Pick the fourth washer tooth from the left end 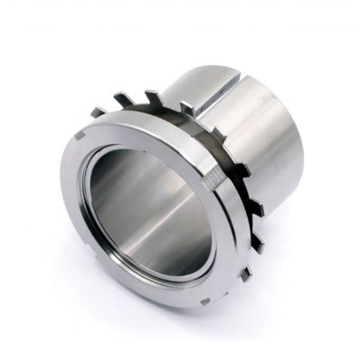(x=185, y=107)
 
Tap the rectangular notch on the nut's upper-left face (x=81, y=138)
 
